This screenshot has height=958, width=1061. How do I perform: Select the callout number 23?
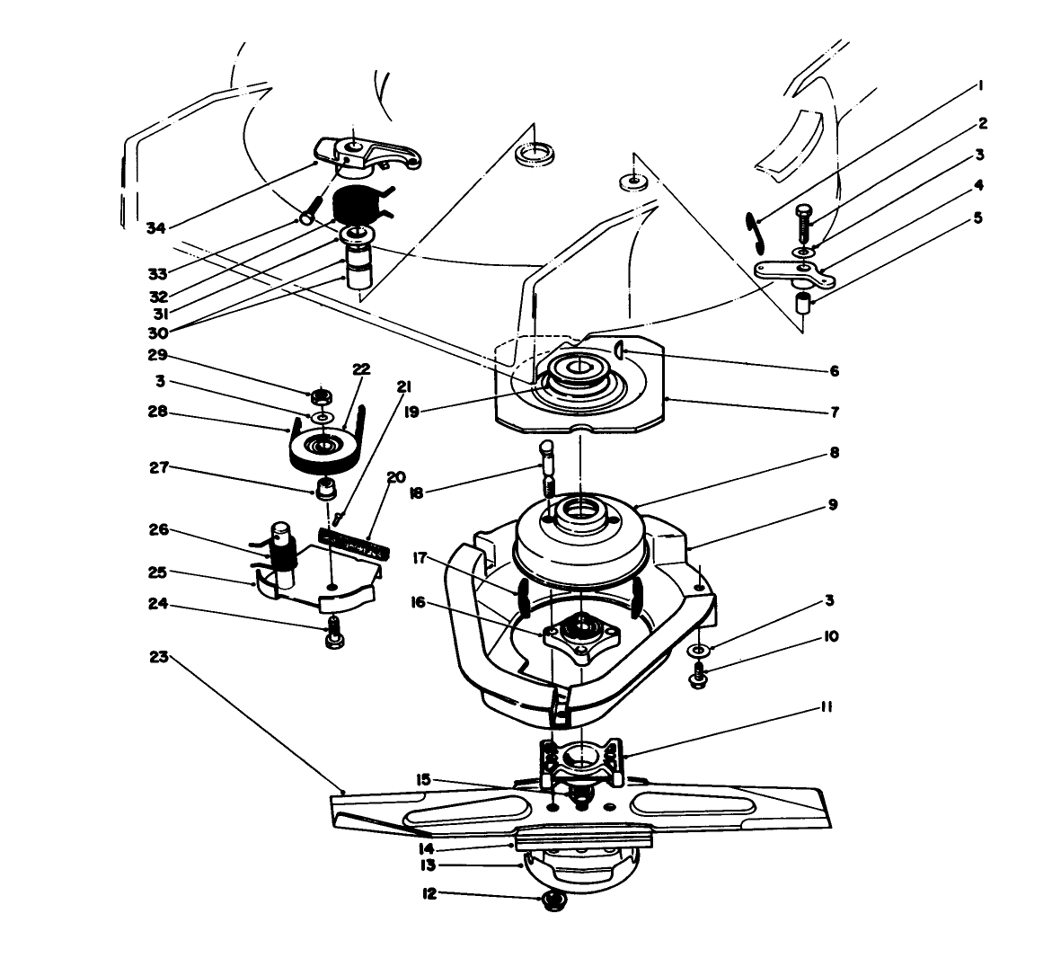point(159,658)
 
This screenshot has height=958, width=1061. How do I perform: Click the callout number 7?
point(834,412)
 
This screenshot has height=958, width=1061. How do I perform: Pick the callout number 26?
point(159,529)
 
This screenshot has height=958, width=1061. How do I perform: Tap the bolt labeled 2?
point(803,221)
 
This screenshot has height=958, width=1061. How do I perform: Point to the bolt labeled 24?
point(333,634)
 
